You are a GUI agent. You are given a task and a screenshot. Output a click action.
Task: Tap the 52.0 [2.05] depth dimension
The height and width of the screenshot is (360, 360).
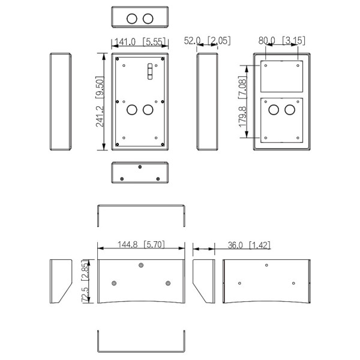[207, 41]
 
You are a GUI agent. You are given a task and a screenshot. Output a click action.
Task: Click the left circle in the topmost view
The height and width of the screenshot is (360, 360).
[132, 19]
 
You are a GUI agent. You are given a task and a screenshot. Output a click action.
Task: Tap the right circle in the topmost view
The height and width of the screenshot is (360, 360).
[148, 19]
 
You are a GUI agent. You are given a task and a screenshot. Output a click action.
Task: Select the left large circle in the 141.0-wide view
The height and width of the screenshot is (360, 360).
[132, 110]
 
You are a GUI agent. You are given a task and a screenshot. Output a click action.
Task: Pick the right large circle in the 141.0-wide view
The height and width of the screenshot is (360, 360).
[148, 110]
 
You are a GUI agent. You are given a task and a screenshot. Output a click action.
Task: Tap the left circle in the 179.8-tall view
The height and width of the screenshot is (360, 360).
[273, 110]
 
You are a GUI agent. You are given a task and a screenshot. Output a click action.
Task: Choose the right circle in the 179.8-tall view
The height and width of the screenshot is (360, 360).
[290, 110]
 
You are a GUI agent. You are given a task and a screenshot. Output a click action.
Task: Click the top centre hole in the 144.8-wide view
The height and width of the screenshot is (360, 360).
[141, 266]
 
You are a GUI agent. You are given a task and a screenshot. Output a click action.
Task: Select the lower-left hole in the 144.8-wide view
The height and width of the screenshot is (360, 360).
[114, 283]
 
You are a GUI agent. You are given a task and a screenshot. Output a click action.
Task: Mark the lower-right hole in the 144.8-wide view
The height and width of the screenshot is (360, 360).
[168, 283]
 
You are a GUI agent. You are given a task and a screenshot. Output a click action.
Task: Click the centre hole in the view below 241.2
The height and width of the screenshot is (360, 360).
[140, 167]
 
